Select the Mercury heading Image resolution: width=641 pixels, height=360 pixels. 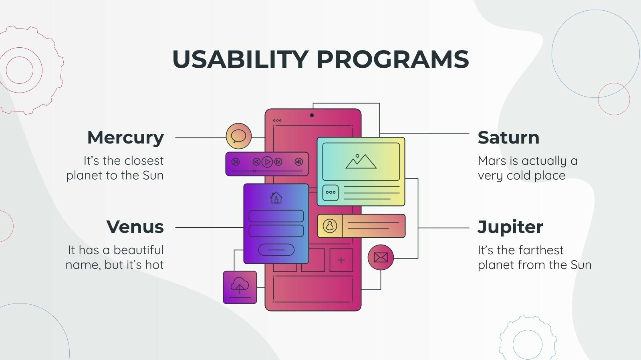pos(125,138)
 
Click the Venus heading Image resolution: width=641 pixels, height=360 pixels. pos(135,227)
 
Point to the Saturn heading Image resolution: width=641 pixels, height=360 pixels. pos(508,138)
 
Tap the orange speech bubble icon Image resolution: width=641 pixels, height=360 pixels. pos(239,136)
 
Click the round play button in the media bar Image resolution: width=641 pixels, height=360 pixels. pos(267,162)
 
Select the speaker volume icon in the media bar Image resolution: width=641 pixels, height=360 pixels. pos(299,162)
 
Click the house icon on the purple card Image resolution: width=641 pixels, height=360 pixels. pos(276,198)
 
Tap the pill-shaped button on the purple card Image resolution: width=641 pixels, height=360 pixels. pos(276,250)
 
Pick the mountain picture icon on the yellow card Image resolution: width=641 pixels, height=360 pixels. pos(361,162)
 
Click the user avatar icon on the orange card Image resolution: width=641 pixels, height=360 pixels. pos(330,226)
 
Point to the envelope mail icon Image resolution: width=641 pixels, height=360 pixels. pos(381,257)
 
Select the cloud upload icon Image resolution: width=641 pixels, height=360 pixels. pos(240,287)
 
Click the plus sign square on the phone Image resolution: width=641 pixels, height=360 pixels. pos(341,260)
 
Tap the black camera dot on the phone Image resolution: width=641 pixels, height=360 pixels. pos(312,115)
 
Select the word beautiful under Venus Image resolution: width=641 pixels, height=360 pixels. pos(139,250)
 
